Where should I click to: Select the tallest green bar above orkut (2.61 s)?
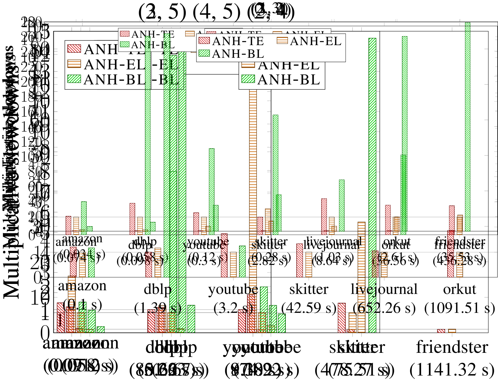404,135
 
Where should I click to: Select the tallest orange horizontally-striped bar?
253,193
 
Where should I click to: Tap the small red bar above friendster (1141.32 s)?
441,331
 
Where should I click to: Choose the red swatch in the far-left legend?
74,48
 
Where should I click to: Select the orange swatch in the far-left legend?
74,64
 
